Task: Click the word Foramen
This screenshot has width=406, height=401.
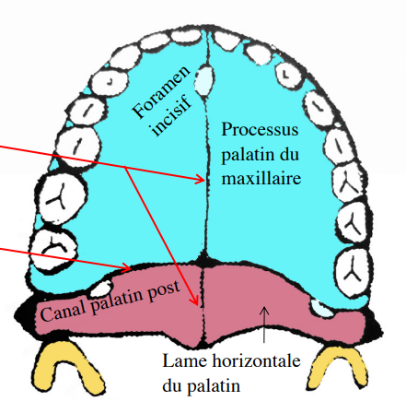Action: [x=162, y=92]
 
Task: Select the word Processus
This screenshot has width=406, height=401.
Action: [x=260, y=129]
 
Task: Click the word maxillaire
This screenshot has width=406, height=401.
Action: [x=261, y=178]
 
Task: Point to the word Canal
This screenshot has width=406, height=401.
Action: [x=64, y=311]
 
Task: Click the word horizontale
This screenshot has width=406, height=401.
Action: [x=257, y=360]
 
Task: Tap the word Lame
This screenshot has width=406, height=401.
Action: [x=185, y=360]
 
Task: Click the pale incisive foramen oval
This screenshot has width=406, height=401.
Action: [x=203, y=79]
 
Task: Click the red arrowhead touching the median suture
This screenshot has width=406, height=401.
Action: [x=200, y=180]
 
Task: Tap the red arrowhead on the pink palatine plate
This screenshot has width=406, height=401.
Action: [x=195, y=301]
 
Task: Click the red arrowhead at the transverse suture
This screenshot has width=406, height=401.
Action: [x=127, y=267]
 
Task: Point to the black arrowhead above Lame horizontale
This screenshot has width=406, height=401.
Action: [x=264, y=310]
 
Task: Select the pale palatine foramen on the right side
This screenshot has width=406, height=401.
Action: [x=320, y=308]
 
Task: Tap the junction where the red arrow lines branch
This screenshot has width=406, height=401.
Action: [x=124, y=167]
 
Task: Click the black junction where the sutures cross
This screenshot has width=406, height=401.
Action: [x=203, y=262]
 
